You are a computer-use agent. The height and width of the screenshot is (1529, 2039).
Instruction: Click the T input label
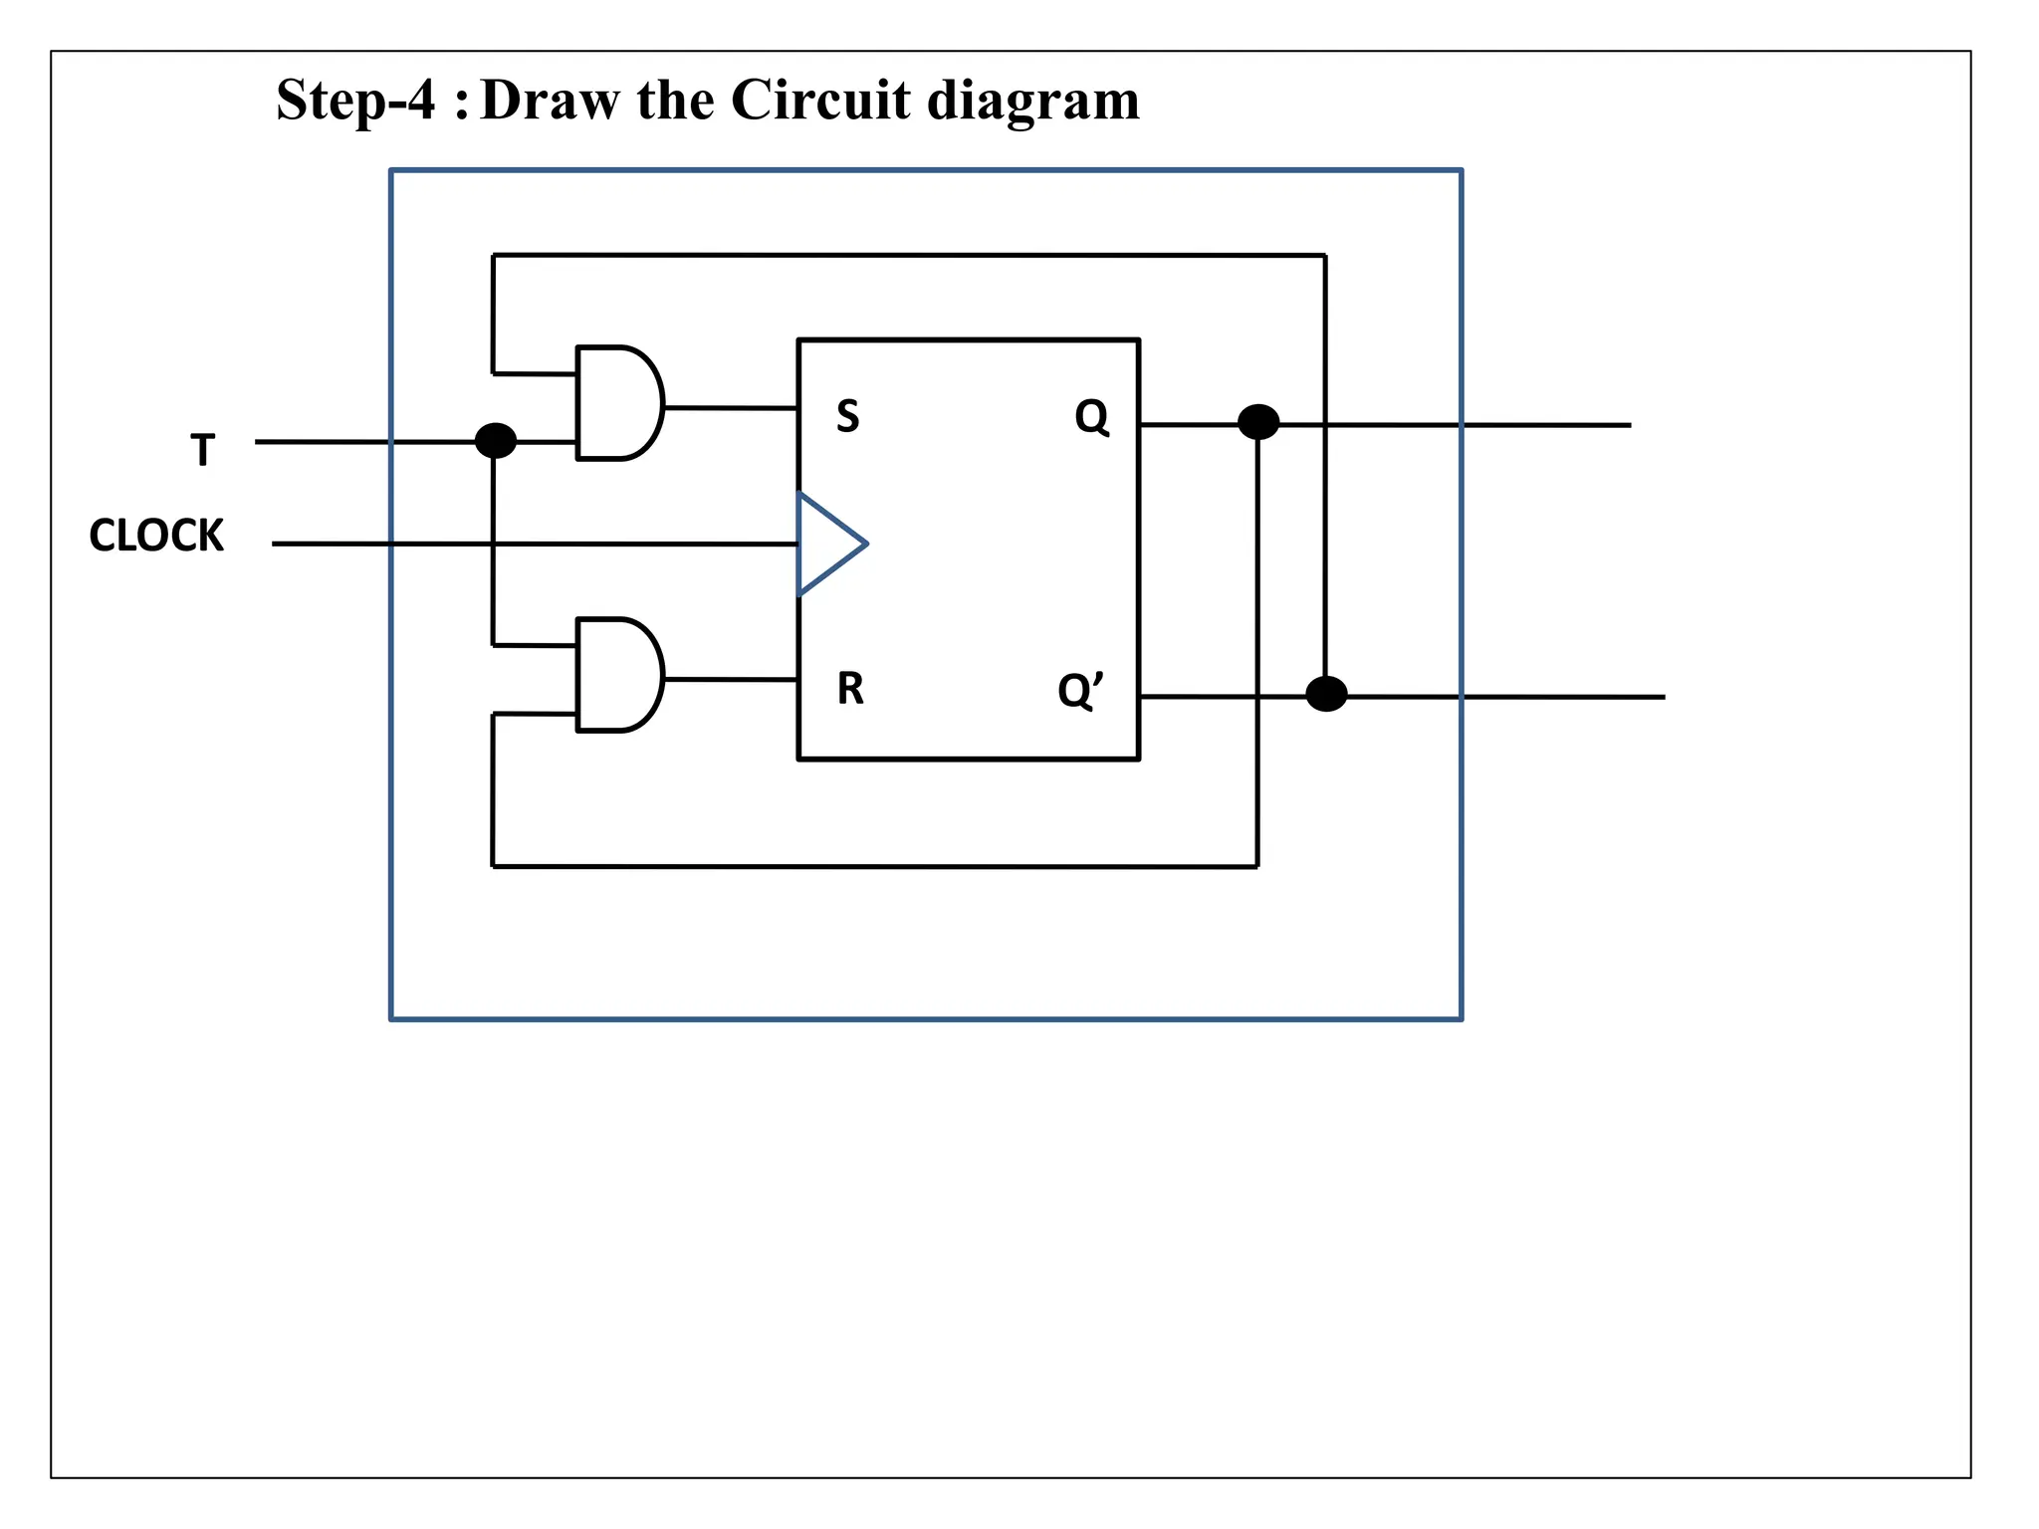point(202,450)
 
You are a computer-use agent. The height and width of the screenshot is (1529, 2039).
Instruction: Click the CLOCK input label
point(156,536)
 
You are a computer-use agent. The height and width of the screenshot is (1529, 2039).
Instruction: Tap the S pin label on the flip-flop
point(847,416)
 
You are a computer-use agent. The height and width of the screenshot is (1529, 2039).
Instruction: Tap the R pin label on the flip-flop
point(850,688)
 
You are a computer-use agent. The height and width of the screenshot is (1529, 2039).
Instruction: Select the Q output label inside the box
point(1091,416)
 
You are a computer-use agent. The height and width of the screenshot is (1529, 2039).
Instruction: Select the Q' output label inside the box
point(1080,690)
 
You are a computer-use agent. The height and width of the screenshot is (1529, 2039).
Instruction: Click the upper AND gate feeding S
point(617,403)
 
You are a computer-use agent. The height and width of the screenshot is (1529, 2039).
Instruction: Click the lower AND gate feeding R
point(617,675)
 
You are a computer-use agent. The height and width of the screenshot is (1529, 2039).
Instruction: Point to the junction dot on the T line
point(496,440)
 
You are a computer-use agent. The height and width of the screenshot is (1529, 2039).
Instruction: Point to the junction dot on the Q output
point(1258,422)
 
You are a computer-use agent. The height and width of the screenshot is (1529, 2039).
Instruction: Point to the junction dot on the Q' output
point(1326,694)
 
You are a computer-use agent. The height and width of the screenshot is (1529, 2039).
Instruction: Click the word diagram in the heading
point(1032,102)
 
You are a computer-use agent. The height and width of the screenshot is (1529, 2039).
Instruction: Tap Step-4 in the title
point(355,100)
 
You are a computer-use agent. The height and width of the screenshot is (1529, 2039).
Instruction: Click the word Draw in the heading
point(549,100)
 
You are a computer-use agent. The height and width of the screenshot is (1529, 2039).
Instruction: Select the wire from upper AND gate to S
point(730,407)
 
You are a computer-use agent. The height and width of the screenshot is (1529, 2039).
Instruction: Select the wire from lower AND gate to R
point(730,679)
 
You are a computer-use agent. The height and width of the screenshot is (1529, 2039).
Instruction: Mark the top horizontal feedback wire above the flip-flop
point(908,256)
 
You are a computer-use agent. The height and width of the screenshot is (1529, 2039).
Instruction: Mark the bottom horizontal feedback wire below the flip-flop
point(874,866)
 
